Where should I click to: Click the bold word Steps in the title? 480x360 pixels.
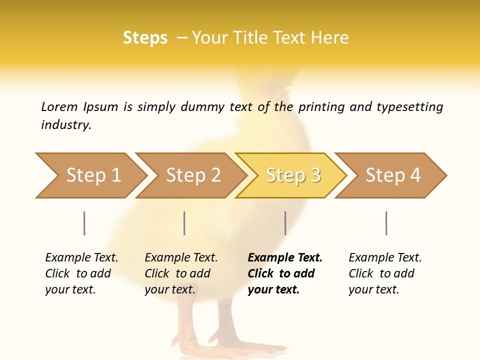click(145, 38)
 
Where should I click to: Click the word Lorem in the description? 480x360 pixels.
click(59, 107)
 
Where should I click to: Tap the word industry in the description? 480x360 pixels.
click(66, 125)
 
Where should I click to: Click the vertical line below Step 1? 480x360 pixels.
click(84, 223)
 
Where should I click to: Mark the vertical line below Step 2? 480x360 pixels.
click(184, 223)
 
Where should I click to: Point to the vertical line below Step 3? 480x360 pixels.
click(285, 223)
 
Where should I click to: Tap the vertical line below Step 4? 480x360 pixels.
click(386, 223)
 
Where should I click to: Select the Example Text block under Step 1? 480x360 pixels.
click(81, 273)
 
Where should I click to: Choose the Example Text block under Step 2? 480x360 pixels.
click(181, 273)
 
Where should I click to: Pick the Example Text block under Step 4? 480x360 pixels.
click(385, 273)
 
